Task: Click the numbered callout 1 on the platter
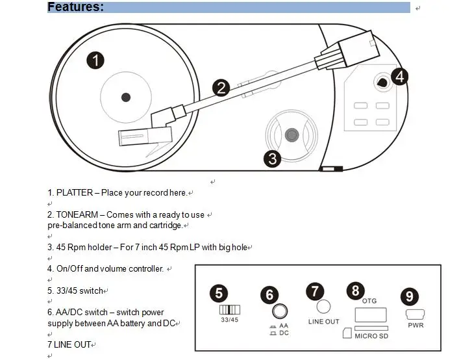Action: click(x=95, y=60)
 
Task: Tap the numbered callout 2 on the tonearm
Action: click(x=221, y=88)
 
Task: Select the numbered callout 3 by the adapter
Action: click(x=272, y=158)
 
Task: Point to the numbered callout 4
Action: click(x=399, y=77)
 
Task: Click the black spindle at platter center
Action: click(x=126, y=97)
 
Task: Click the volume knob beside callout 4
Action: click(x=381, y=83)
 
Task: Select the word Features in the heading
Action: click(x=75, y=7)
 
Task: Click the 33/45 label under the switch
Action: click(x=230, y=320)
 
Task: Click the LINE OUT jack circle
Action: click(x=323, y=306)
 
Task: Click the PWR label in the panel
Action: click(x=416, y=325)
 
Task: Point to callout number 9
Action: click(x=409, y=297)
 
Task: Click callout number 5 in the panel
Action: click(x=219, y=293)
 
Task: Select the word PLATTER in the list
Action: click(x=75, y=193)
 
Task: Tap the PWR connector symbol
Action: click(x=416, y=314)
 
